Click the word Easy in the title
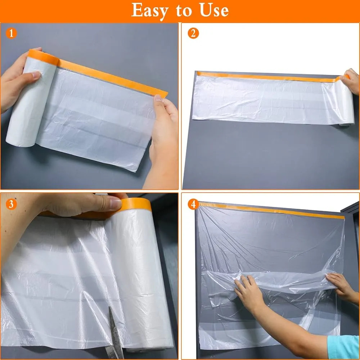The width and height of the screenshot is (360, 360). click(151, 10)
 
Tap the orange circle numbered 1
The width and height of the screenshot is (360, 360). click(12, 34)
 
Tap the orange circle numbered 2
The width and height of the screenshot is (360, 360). click(193, 34)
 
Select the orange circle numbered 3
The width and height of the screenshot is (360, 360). click(12, 204)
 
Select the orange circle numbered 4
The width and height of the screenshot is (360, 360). click(193, 204)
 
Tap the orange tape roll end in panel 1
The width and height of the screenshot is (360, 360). click(42, 57)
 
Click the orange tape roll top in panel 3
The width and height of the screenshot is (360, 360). click(135, 204)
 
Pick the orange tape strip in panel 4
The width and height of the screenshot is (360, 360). click(270, 211)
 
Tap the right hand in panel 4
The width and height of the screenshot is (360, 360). click(340, 286)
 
